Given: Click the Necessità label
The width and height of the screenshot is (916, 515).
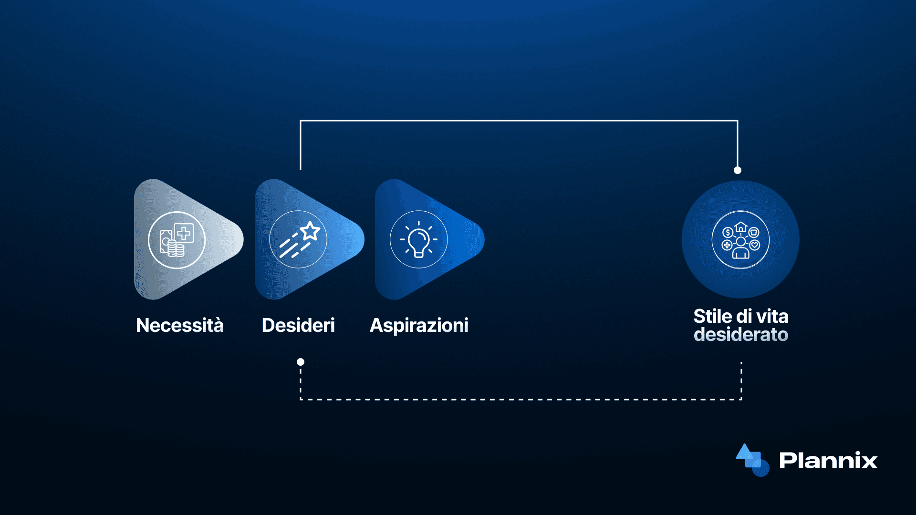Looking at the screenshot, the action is [180, 325].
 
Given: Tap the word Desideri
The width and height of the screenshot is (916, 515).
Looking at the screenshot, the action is [298, 325].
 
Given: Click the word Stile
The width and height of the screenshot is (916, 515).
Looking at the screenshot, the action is [712, 316].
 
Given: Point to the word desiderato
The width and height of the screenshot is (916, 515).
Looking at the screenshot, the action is [741, 334].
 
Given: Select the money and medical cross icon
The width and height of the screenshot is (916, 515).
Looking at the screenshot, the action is [177, 240].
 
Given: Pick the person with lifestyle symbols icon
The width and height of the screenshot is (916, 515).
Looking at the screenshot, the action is [740, 240].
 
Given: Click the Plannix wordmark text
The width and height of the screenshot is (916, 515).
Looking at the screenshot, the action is [828, 460].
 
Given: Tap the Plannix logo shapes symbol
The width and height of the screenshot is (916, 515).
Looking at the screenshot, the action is [752, 460].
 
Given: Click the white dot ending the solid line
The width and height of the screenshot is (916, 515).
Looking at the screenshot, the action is [738, 170].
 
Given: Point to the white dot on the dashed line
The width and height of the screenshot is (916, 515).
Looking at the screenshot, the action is [301, 362].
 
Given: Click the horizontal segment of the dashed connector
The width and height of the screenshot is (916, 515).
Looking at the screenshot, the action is [521, 399].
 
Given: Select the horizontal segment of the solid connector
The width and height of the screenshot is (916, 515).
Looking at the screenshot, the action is [519, 121].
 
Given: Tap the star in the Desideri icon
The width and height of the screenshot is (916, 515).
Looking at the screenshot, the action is [310, 231].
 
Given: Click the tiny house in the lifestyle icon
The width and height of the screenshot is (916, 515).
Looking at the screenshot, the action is [740, 227].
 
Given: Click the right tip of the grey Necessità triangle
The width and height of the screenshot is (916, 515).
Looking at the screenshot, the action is [243, 239].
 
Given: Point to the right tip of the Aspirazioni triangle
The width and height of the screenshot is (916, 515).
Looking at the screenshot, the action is [484, 239].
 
